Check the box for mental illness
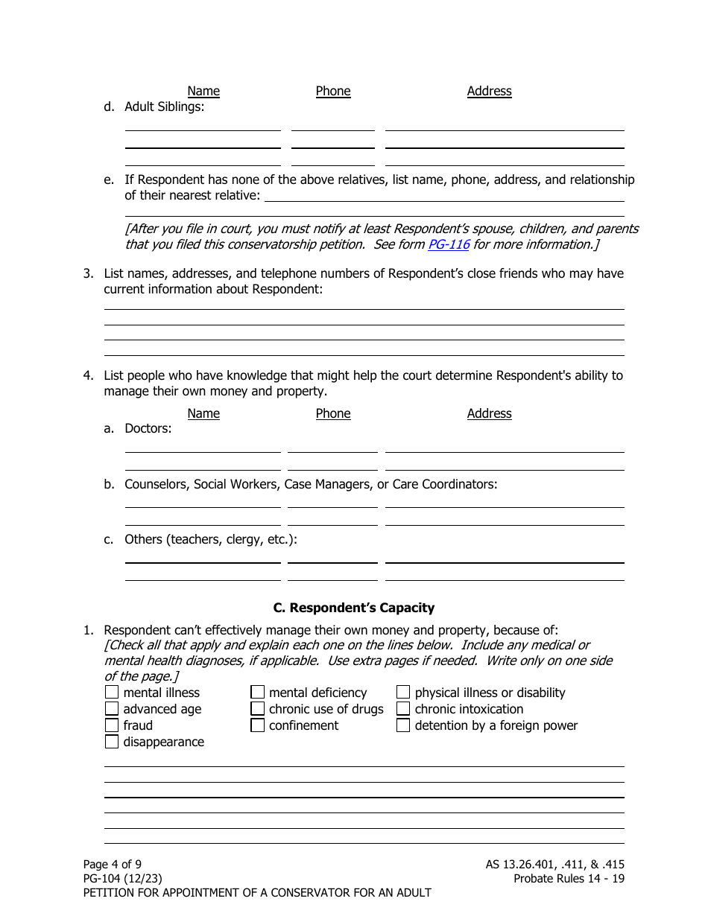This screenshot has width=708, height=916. pos(112,693)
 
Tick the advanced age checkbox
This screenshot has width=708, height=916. pos(112,709)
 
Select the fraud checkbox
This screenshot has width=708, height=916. pos(112,725)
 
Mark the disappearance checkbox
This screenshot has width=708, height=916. pos(112,742)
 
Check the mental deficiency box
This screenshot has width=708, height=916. pos(258,693)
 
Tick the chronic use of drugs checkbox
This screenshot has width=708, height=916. pos(258,709)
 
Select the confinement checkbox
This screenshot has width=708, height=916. pos(258,725)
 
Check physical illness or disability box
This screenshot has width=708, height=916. pos(403,693)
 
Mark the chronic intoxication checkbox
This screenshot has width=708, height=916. pos(403,709)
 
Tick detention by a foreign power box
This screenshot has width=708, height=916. pos(403,725)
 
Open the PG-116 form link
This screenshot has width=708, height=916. pos(448,244)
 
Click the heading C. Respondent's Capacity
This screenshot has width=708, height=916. pos(354,608)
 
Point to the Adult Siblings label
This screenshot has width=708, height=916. pos(164,106)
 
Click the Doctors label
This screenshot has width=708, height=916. pos(148,428)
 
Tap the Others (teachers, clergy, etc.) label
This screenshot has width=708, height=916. pos(210,539)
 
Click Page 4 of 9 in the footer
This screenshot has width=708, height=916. pos(112,865)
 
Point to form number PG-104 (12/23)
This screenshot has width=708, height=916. pos(122,879)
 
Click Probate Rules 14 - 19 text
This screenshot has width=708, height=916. pos(569,879)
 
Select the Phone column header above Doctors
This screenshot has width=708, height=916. pos(332,413)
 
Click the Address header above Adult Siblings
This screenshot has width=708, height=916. pos(489,91)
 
